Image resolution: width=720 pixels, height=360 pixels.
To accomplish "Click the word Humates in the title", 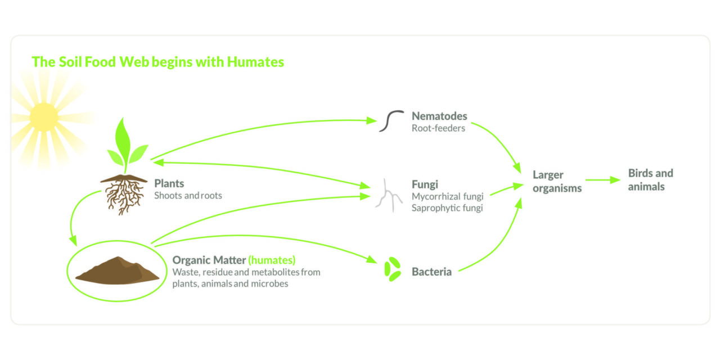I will tap(255, 62).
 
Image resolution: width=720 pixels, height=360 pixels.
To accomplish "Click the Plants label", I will tap(169, 183).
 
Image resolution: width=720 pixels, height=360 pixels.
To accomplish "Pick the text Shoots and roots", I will tap(188, 196).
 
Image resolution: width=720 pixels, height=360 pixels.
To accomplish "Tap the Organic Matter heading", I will tap(209, 260).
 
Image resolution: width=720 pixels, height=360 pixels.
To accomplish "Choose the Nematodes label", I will tap(439, 116).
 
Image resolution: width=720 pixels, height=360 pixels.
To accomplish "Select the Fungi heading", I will tap(425, 184).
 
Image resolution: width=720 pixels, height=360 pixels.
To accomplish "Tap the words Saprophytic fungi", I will tap(447, 208).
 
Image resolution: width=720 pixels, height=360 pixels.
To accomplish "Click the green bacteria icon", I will tap(392, 269).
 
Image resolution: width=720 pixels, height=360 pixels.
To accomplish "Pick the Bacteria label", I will tap(431, 272).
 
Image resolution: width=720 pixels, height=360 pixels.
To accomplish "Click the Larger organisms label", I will tap(557, 181).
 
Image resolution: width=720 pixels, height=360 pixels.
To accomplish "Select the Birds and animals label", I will tap(650, 179).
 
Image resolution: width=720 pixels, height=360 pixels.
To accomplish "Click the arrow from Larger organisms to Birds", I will tap(601, 180).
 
